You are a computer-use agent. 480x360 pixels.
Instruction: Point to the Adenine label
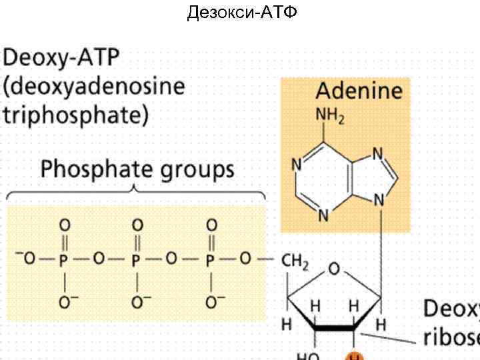(359, 91)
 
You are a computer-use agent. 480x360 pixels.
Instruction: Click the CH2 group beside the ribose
(295, 262)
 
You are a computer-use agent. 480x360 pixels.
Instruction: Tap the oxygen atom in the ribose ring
(334, 269)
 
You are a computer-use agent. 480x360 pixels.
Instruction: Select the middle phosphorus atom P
(137, 260)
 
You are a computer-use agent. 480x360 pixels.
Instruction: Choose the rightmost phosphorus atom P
(210, 260)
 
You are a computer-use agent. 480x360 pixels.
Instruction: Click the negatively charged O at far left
(27, 259)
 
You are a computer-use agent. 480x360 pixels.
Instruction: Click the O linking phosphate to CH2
(245, 259)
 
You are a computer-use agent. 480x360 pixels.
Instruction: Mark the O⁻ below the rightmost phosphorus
(212, 302)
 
